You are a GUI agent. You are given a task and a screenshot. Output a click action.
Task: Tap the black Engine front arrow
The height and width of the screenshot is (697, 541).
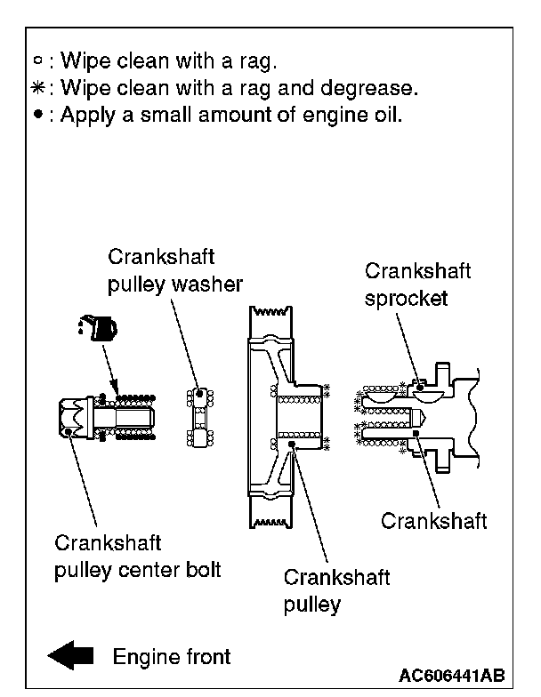(x=70, y=656)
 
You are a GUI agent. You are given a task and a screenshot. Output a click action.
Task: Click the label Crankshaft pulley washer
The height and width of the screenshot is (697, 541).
(x=175, y=270)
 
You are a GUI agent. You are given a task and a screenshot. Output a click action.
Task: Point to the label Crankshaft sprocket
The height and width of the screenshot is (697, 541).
(x=417, y=284)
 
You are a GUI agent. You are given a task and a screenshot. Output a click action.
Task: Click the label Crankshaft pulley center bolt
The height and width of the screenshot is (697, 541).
(x=137, y=556)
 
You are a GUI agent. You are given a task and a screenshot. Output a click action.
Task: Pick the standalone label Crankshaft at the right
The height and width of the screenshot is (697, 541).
(x=433, y=521)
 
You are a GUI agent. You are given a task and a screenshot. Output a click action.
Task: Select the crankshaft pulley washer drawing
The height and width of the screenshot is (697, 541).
(x=200, y=417)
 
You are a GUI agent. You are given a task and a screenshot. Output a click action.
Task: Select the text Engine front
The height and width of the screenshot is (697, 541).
(x=171, y=656)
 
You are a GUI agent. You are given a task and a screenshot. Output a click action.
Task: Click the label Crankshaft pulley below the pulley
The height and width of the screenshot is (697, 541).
(x=335, y=590)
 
